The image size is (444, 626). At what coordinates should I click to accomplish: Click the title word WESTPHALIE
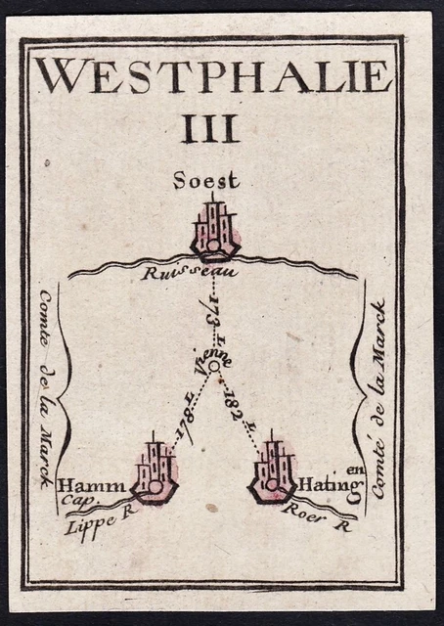[x=214, y=76]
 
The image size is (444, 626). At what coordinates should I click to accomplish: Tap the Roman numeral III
[x=210, y=129]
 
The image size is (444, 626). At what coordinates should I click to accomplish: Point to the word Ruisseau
[x=176, y=274]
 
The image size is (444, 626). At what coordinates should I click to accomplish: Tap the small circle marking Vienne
[x=213, y=367]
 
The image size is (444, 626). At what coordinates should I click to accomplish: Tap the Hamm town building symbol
[x=155, y=472]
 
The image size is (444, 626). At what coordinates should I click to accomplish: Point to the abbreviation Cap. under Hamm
[x=74, y=501]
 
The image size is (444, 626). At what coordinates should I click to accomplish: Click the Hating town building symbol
[x=273, y=472]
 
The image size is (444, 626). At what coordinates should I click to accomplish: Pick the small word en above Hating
[x=355, y=470]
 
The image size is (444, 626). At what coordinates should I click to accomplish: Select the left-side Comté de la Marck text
[x=50, y=391]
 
